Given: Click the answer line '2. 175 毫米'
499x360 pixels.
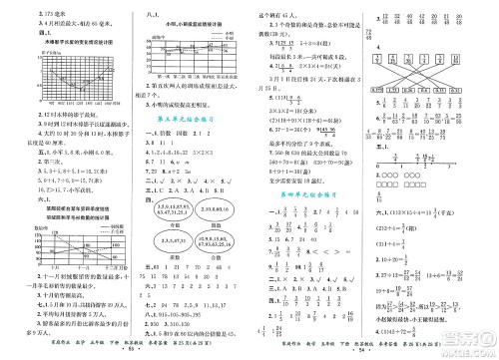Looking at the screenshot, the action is click(24, 13).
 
